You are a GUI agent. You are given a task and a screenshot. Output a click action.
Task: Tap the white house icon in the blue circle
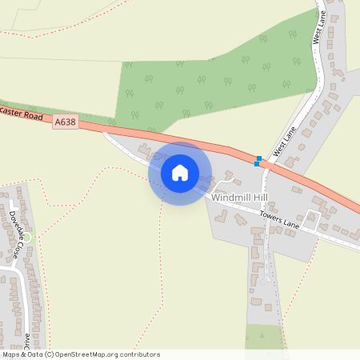coord(180,173)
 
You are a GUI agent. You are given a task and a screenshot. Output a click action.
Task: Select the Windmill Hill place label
coord(241,197)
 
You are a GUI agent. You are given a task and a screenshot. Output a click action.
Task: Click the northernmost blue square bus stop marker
coord(258,158)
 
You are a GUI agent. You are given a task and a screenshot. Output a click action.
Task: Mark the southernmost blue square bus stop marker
coord(256,164)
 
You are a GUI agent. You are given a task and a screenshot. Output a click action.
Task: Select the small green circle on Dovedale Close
coord(27,238)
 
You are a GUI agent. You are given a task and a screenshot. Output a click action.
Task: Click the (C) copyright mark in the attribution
coord(49,354)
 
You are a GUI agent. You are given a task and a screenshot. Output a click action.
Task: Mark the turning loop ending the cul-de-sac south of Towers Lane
coord(264,279)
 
